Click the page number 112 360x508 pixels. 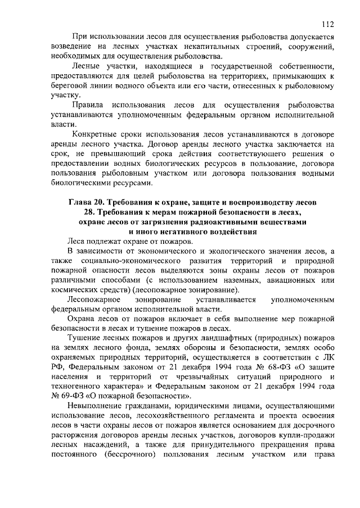[328, 24]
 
